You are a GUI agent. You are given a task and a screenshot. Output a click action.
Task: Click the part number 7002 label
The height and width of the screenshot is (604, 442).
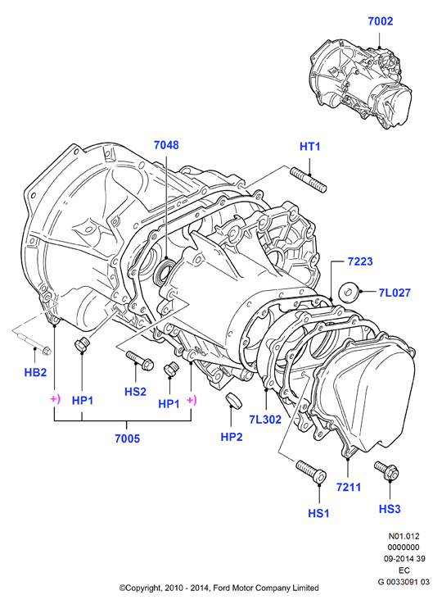click(380, 21)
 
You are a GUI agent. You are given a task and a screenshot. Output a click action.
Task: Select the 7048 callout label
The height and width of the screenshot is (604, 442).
click(166, 145)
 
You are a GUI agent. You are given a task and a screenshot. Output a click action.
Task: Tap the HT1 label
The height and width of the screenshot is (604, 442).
click(309, 147)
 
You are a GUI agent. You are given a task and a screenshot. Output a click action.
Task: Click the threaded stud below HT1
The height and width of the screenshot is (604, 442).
click(309, 180)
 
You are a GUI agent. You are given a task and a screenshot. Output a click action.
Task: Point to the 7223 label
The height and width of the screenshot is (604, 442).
click(360, 261)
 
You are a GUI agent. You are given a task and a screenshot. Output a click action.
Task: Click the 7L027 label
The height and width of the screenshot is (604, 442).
click(395, 293)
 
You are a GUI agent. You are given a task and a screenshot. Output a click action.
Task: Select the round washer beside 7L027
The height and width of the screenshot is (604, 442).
click(349, 293)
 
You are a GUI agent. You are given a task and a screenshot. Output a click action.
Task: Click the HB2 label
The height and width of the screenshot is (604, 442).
click(35, 373)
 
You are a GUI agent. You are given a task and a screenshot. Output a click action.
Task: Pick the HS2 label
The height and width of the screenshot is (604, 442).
click(135, 392)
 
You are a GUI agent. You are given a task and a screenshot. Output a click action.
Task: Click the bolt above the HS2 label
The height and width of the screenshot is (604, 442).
click(140, 360)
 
